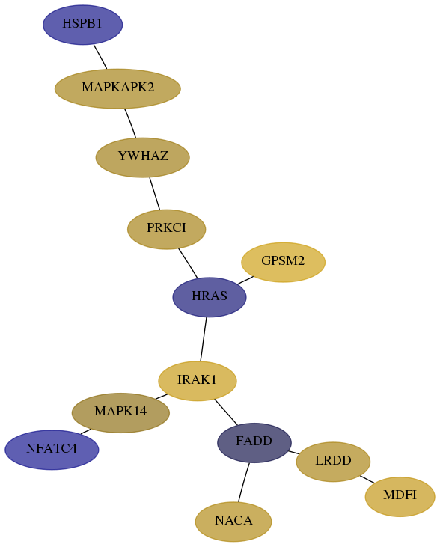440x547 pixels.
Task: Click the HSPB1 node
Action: tap(83, 25)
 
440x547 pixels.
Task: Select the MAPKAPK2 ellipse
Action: tap(117, 88)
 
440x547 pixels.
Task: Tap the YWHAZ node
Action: tap(143, 157)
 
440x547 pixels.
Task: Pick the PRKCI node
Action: tap(166, 229)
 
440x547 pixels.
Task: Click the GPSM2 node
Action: tap(284, 262)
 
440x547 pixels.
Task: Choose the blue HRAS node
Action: tap(210, 297)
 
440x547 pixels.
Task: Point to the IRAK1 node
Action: tap(198, 381)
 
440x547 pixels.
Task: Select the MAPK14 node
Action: tap(120, 413)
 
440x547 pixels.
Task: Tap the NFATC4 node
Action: tap(52, 450)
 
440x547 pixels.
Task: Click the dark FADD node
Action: tap(254, 443)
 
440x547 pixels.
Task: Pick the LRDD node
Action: tap(333, 462)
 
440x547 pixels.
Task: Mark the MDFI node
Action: tap(400, 496)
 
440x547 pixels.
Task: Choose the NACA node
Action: tap(233, 522)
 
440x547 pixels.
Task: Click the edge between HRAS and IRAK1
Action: tap(204, 339)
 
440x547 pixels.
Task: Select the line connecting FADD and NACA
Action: tap(244, 482)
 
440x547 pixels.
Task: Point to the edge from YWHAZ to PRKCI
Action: tap(155, 194)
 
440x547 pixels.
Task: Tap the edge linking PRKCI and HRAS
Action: tap(188, 263)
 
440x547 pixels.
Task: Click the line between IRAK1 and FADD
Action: tap(226, 412)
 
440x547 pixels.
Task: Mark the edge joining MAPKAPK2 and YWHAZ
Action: tap(130, 123)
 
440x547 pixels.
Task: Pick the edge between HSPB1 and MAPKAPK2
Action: tap(100, 57)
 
